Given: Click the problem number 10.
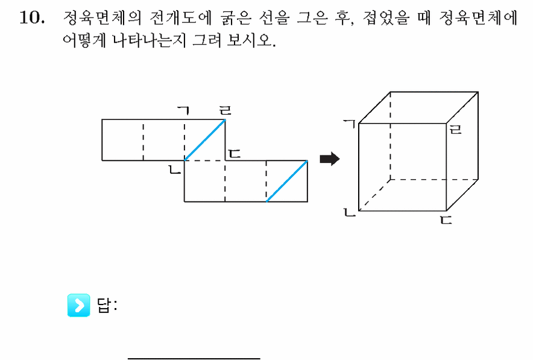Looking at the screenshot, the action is (32, 17).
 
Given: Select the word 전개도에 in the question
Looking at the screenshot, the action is (180, 17).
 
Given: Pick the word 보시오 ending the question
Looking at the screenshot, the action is (251, 40).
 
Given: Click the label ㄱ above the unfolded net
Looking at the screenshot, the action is (183, 110).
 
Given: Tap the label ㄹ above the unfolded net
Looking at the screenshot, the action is (225, 110).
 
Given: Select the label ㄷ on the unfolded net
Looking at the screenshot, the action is (235, 154).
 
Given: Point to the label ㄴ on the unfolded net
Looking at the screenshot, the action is (175, 169).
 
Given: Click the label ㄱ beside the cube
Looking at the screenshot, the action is (350, 124).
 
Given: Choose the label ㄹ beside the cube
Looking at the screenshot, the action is (455, 129).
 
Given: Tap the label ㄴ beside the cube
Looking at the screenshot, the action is (350, 213).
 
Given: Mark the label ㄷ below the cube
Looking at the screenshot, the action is (446, 219).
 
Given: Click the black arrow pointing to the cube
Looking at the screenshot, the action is (330, 159).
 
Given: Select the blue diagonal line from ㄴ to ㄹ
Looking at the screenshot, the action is (204, 140).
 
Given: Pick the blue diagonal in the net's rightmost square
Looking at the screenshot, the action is (287, 181).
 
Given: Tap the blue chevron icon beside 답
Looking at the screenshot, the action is (78, 305).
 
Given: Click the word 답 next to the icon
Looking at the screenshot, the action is (104, 305).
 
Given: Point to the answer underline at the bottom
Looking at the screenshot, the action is (194, 358).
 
